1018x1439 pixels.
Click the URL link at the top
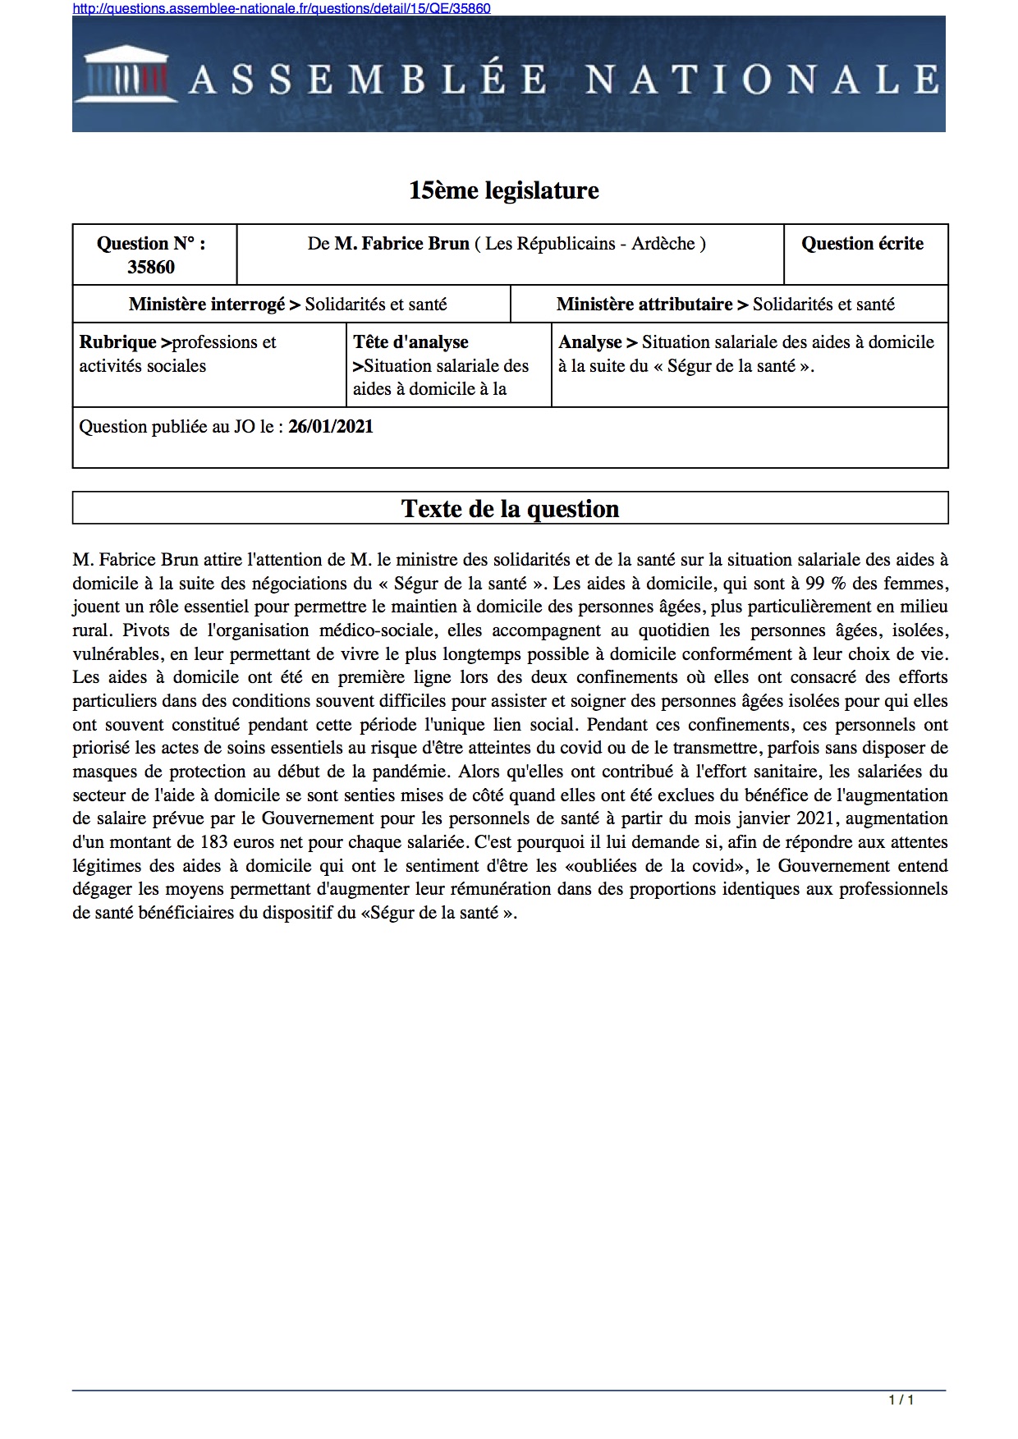[282, 8]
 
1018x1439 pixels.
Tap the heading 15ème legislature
[503, 190]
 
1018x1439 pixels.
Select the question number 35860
[151, 267]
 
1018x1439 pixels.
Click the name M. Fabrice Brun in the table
[401, 244]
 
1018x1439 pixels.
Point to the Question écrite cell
[862, 244]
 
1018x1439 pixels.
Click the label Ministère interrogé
[207, 305]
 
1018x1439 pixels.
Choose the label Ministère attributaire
[644, 305]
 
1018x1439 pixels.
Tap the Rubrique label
[117, 342]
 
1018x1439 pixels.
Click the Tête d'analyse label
[410, 342]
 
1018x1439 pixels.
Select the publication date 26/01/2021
[331, 427]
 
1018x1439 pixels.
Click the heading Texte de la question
[510, 509]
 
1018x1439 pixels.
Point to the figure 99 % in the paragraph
[825, 584]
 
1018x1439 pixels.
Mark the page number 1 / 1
[901, 1400]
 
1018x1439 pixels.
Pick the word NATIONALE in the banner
[762, 80]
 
